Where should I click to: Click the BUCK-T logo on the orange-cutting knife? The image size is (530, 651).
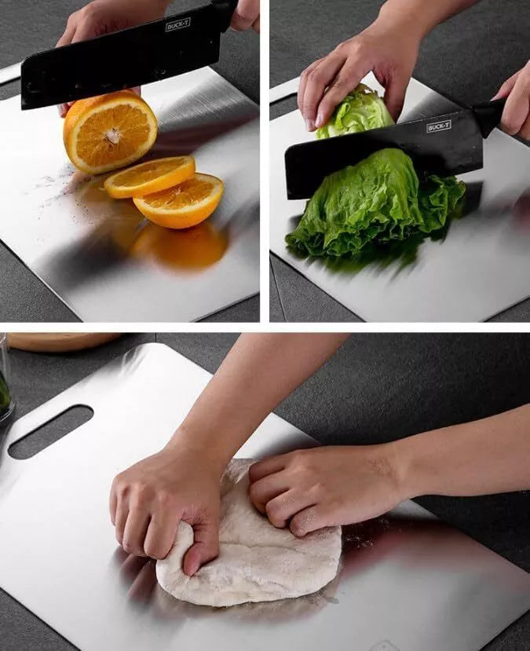pyautogui.click(x=177, y=24)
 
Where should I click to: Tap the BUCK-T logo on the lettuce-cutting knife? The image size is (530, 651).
pyautogui.click(x=438, y=126)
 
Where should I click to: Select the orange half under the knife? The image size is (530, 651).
pyautogui.click(x=110, y=131)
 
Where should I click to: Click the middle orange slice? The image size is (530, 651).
pyautogui.click(x=149, y=176)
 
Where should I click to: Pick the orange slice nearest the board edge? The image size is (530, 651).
pyautogui.click(x=179, y=201)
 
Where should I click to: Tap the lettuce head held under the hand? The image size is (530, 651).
pyautogui.click(x=355, y=114)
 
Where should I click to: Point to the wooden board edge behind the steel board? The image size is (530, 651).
pyautogui.click(x=63, y=341)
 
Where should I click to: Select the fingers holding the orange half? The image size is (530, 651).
pyautogui.click(x=66, y=108)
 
